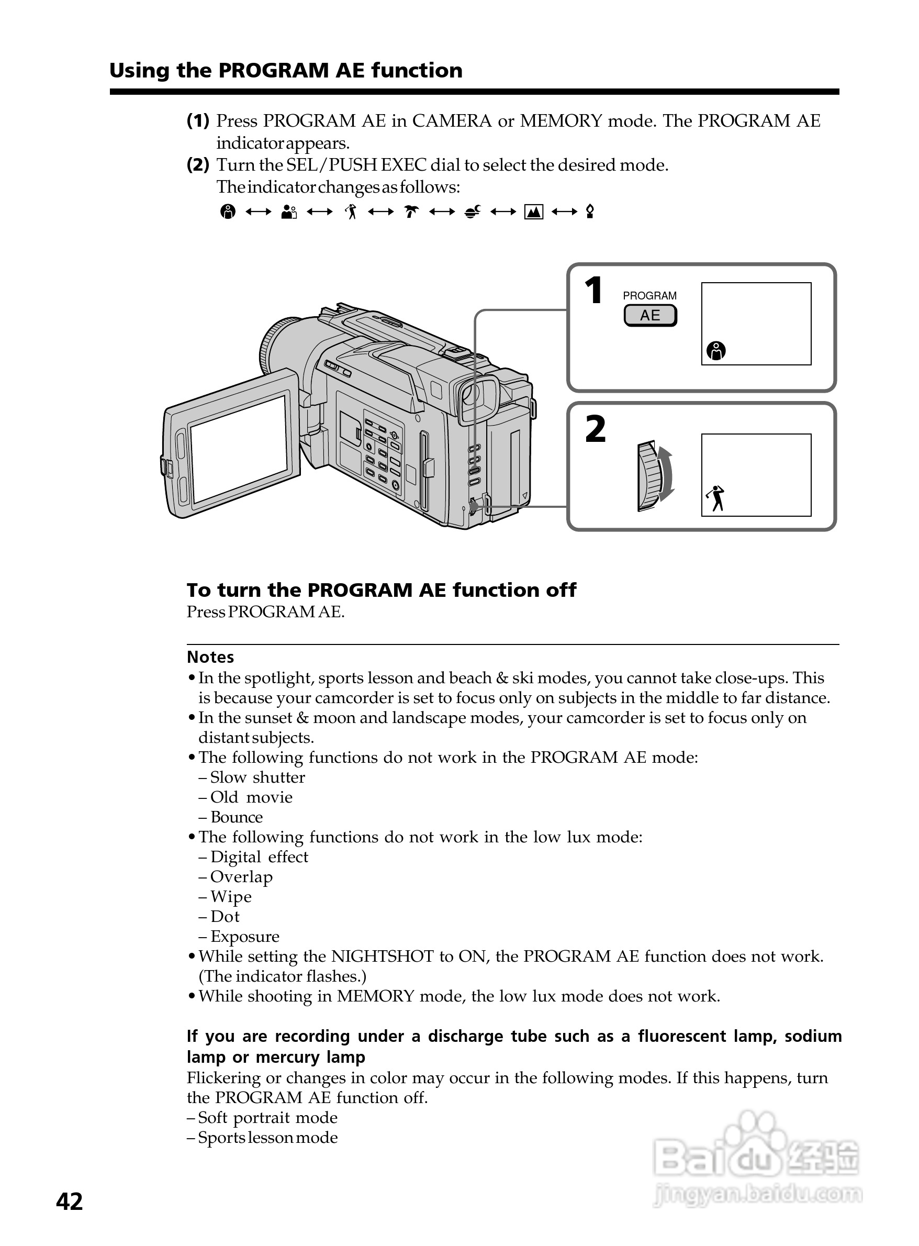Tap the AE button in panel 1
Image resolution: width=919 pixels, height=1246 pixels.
pyautogui.click(x=650, y=316)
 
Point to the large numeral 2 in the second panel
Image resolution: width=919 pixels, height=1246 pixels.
pyautogui.click(x=595, y=430)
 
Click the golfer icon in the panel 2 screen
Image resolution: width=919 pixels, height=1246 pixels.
pyautogui.click(x=716, y=498)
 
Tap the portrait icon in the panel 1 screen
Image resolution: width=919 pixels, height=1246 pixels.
pyautogui.click(x=716, y=351)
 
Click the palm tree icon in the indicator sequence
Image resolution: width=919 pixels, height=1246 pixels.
pyautogui.click(x=411, y=212)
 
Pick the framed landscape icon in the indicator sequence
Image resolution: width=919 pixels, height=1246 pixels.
pyautogui.click(x=533, y=212)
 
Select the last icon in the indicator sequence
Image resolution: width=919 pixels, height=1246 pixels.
pyautogui.click(x=590, y=212)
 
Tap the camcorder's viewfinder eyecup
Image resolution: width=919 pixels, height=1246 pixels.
pyautogui.click(x=478, y=398)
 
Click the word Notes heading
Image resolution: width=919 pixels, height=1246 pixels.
pyautogui.click(x=210, y=657)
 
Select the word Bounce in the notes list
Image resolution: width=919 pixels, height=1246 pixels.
pyautogui.click(x=237, y=817)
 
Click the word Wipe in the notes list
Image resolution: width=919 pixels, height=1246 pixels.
pyautogui.click(x=231, y=896)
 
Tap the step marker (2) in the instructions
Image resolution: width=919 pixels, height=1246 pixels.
pyautogui.click(x=198, y=165)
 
